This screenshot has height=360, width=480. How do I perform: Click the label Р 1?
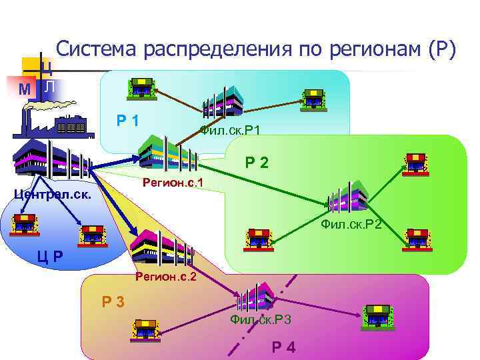tap(127, 121)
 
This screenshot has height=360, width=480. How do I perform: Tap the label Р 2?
tap(256, 161)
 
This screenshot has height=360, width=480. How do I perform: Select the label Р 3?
tap(113, 302)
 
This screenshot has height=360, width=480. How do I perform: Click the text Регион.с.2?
tap(165, 276)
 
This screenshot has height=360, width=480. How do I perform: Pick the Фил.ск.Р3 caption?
tap(261, 320)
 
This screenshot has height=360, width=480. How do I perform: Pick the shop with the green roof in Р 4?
tap(378, 315)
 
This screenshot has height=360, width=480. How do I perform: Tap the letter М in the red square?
tap(24, 89)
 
